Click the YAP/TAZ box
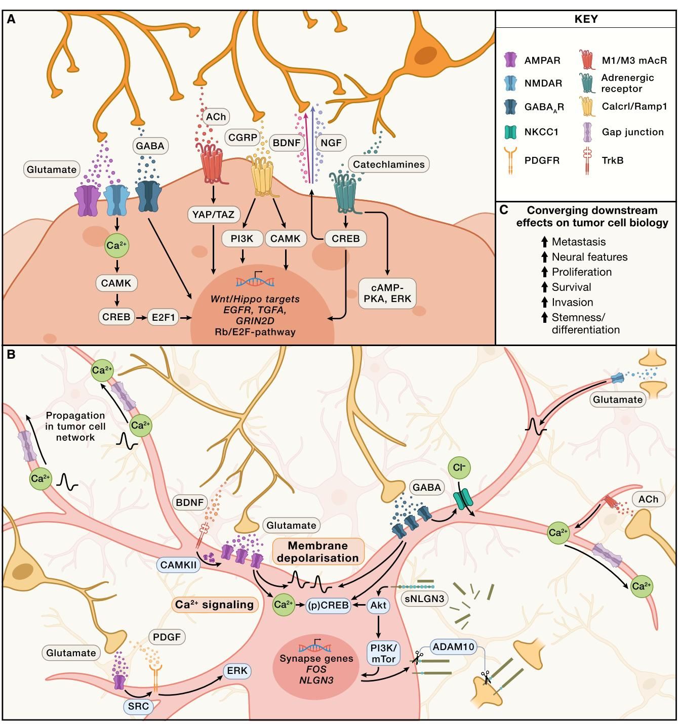(214, 215)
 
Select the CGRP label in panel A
(243, 137)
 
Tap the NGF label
(331, 143)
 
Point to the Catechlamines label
(388, 164)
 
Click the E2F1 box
(163, 318)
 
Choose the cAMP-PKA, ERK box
(387, 293)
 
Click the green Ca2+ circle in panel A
(116, 245)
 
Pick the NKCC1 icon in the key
(511, 132)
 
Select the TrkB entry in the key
(612, 160)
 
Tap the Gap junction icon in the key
(587, 132)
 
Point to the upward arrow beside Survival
(544, 287)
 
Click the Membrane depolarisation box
(318, 552)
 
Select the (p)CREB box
(328, 605)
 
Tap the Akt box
(378, 605)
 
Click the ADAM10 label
(454, 646)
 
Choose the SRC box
(138, 706)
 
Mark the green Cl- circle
(459, 468)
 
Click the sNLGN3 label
(425, 599)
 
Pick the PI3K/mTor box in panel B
(383, 654)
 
